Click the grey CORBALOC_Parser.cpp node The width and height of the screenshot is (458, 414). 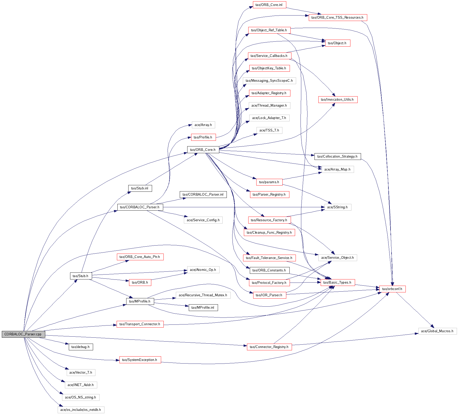pyautogui.click(x=23, y=334)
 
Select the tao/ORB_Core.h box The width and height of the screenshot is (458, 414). pyautogui.click(x=203, y=150)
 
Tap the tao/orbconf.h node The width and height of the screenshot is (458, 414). pyautogui.click(x=392, y=289)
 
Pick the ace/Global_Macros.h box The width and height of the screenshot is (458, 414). pyautogui.click(x=437, y=331)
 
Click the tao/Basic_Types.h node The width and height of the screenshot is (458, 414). pyautogui.click(x=337, y=283)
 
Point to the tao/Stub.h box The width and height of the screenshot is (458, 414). pyautogui.click(x=81, y=276)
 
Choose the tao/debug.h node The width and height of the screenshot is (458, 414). pyautogui.click(x=81, y=347)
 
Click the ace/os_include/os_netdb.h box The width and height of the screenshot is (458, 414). pyautogui.click(x=81, y=410)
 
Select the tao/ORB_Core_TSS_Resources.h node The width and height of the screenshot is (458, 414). pyautogui.click(x=337, y=17)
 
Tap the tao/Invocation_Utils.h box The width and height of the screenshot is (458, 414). pyautogui.click(x=337, y=99)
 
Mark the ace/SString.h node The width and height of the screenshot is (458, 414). pyautogui.click(x=337, y=207)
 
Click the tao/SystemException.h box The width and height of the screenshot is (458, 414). pyautogui.click(x=140, y=360)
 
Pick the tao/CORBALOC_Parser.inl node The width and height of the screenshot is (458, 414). pyautogui.click(x=203, y=194)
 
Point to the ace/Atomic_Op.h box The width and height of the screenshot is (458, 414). pyautogui.click(x=203, y=270)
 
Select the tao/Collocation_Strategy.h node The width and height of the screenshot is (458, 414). pyautogui.click(x=337, y=156)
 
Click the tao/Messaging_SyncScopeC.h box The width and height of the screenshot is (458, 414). pyautogui.click(x=269, y=80)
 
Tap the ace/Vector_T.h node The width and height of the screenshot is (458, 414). pyautogui.click(x=81, y=372)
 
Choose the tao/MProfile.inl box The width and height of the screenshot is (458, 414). pyautogui.click(x=203, y=307)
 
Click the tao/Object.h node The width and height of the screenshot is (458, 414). pyautogui.click(x=337, y=43)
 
